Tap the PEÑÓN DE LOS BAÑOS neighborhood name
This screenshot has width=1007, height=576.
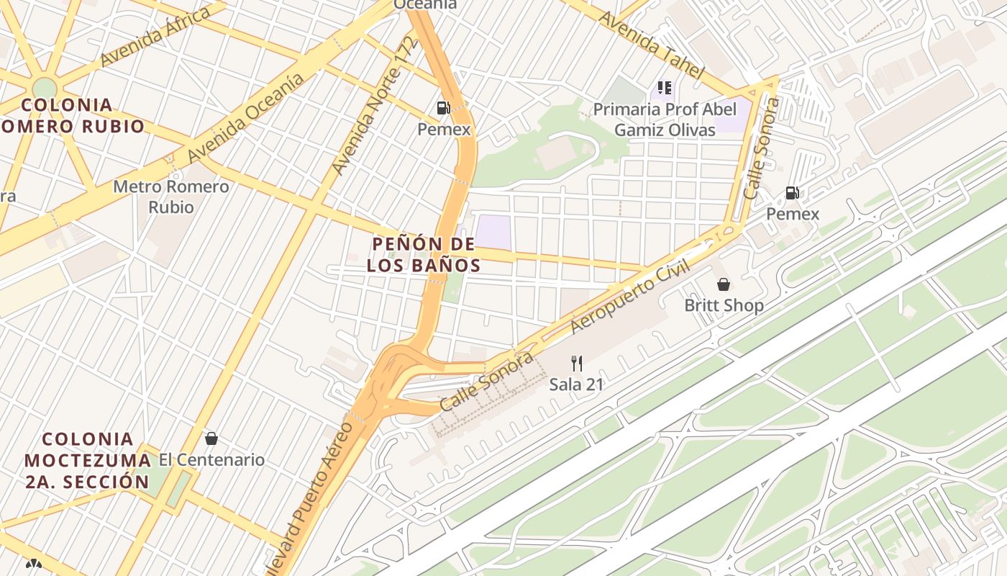pos(424,255)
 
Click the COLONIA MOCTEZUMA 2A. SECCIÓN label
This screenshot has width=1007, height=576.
pos(87,461)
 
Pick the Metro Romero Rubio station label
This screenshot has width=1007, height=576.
pos(171,197)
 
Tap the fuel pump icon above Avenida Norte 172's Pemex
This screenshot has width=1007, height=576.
pos(443,108)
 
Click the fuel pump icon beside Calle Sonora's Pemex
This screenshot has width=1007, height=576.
pos(792,192)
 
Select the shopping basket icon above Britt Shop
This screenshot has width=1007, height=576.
pos(724,284)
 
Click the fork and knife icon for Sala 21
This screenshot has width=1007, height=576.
pos(576,363)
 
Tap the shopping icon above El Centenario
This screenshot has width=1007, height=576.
pos(211,438)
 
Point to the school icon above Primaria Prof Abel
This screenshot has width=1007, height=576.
pos(665,88)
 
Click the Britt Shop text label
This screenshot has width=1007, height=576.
pos(724,305)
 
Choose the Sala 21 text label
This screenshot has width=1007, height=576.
pos(576,384)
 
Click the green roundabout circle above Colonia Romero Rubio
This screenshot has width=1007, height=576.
pos(45,88)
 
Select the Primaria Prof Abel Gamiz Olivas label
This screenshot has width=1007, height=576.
pos(665,120)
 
